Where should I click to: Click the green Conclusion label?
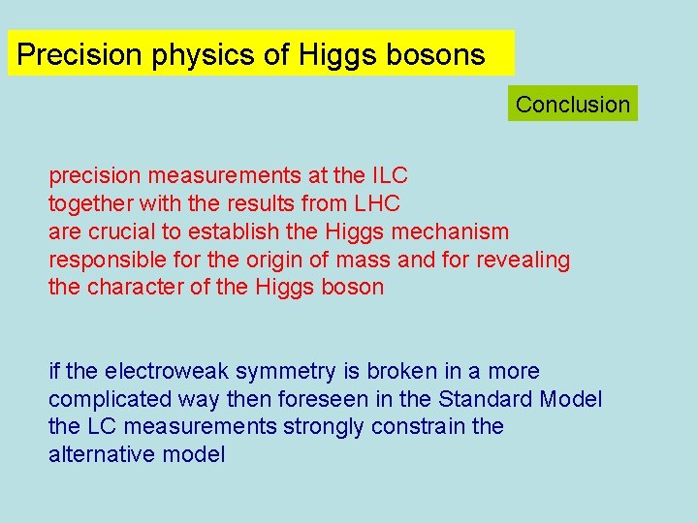[x=572, y=104]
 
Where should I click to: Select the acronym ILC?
[x=389, y=176]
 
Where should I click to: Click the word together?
[x=89, y=204]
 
